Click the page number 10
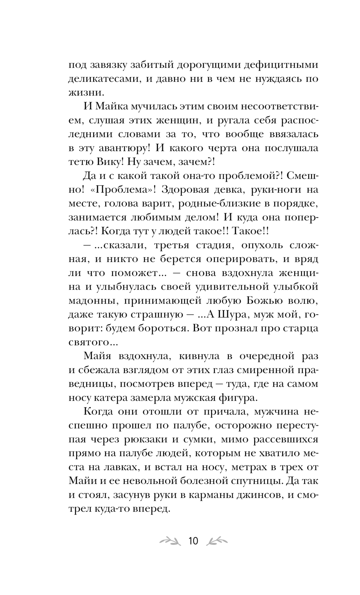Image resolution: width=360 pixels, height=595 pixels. (193, 540)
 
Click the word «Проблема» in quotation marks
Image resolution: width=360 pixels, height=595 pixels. (117, 190)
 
